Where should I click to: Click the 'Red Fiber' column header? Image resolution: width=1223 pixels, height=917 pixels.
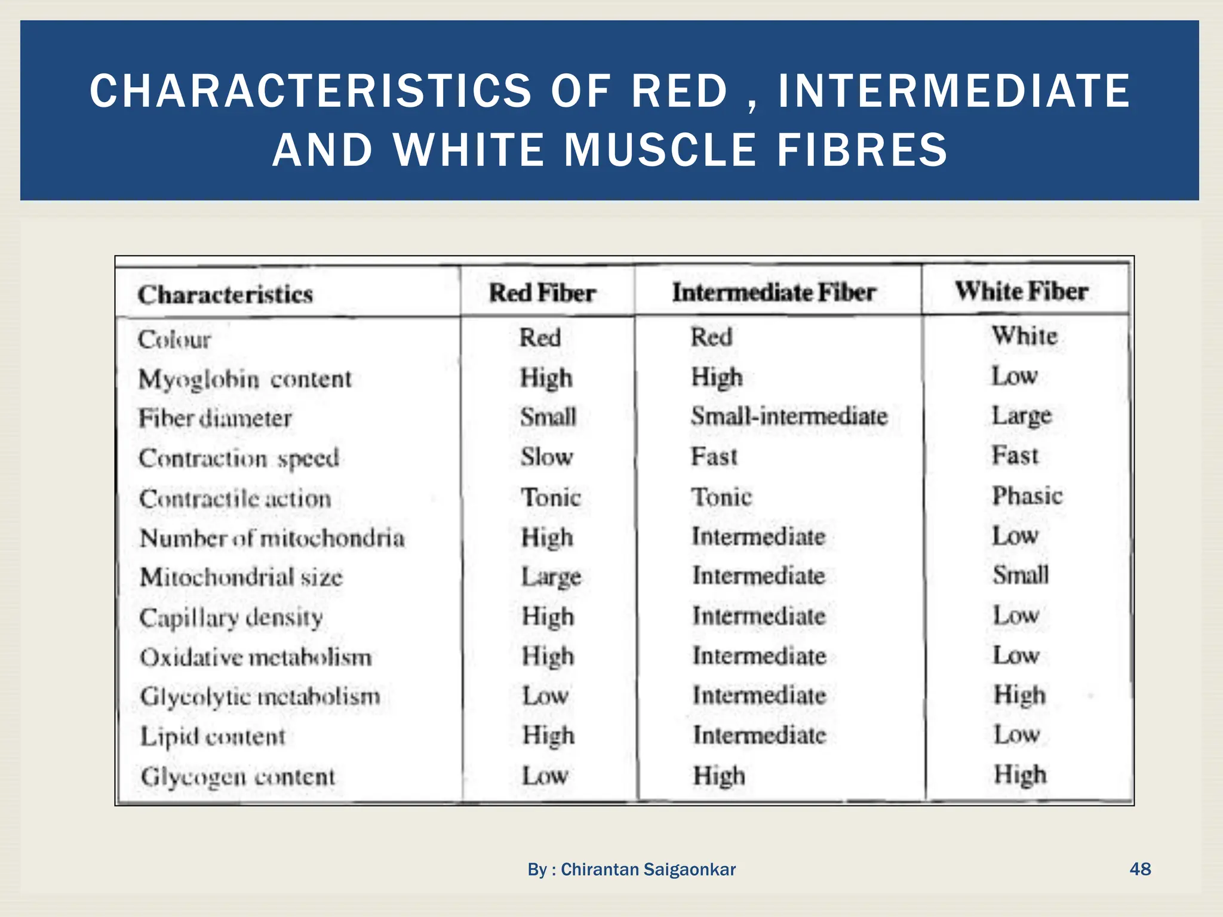tap(542, 293)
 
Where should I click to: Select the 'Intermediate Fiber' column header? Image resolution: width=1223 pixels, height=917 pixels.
tap(774, 293)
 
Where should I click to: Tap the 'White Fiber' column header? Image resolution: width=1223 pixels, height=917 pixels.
tap(1022, 291)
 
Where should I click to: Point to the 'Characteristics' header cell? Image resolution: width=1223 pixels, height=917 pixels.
tap(225, 294)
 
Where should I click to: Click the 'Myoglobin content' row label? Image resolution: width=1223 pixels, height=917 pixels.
tap(245, 379)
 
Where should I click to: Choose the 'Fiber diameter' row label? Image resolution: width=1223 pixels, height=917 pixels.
tap(215, 418)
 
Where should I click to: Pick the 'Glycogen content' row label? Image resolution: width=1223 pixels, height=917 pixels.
tap(238, 777)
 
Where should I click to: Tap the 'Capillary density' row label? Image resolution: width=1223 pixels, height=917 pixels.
tap(231, 617)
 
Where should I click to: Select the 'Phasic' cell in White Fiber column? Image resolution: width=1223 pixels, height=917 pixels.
tap(1027, 496)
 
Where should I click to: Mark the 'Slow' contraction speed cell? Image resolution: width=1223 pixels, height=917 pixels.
tap(546, 457)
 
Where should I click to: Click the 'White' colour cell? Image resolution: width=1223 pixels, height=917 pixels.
tap(1025, 336)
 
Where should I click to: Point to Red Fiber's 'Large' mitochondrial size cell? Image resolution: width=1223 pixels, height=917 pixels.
tap(551, 577)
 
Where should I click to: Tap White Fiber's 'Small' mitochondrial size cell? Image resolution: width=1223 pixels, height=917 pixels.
tap(1021, 575)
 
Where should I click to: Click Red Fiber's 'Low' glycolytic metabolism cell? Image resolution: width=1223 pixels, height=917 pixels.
tap(545, 696)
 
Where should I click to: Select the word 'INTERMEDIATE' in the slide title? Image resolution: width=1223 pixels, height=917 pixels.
tap(954, 91)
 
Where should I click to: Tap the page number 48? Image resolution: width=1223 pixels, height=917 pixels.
tap(1140, 869)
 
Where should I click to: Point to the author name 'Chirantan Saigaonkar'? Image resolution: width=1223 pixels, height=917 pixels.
tap(648, 869)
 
